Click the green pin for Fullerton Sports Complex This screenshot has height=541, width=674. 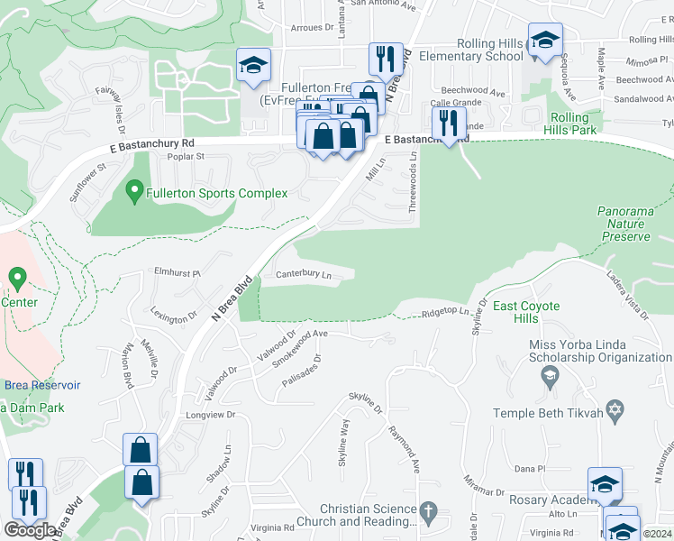tap(134, 192)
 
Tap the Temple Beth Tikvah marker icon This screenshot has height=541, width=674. tap(615, 411)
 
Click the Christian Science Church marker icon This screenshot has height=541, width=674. tap(428, 513)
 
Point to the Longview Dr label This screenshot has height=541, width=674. tap(209, 415)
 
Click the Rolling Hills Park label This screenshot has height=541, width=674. tap(569, 124)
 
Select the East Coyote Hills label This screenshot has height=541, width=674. tap(526, 313)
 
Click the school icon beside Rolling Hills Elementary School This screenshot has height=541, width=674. tap(544, 40)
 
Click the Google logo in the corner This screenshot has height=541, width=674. tap(31, 530)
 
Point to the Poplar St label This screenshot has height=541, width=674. tap(188, 156)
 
